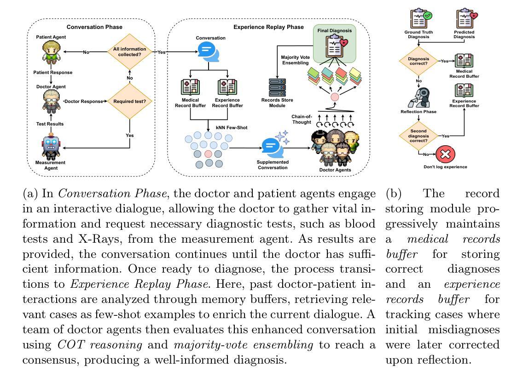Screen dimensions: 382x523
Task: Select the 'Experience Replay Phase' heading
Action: click(x=268, y=27)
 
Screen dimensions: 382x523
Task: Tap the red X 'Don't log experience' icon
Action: click(x=445, y=154)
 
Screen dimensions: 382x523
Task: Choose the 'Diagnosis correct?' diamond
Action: click(x=418, y=61)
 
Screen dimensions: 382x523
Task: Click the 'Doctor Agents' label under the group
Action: click(x=335, y=170)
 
